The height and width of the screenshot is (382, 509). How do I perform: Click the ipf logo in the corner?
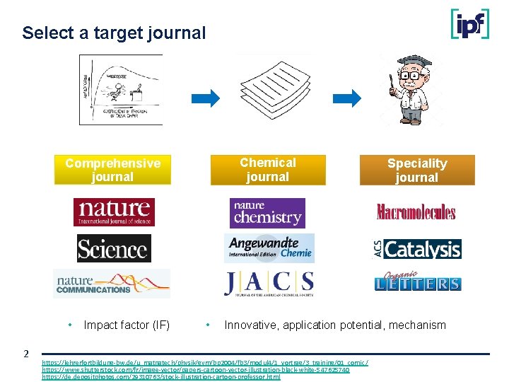tap(469, 23)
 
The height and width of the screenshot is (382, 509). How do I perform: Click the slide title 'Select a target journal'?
tap(114, 33)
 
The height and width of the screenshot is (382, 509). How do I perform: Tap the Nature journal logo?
tap(114, 212)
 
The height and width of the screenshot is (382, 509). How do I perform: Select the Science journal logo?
tap(113, 248)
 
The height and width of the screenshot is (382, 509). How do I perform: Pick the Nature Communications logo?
tap(112, 284)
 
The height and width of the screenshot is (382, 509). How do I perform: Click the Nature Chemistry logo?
tap(267, 212)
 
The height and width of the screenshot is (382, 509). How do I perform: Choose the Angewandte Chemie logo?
tap(269, 248)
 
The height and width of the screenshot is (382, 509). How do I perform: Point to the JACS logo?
tap(269, 283)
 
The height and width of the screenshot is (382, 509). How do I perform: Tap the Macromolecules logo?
tap(416, 212)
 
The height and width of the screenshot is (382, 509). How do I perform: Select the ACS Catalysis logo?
tap(417, 249)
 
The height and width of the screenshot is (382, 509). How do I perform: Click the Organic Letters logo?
tap(417, 282)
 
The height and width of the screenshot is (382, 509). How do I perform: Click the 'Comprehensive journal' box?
tap(113, 170)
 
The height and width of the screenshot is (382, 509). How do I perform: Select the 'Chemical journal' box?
tap(268, 170)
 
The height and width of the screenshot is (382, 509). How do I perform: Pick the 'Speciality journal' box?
tap(416, 170)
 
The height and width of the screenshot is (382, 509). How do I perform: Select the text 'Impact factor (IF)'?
tap(127, 325)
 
